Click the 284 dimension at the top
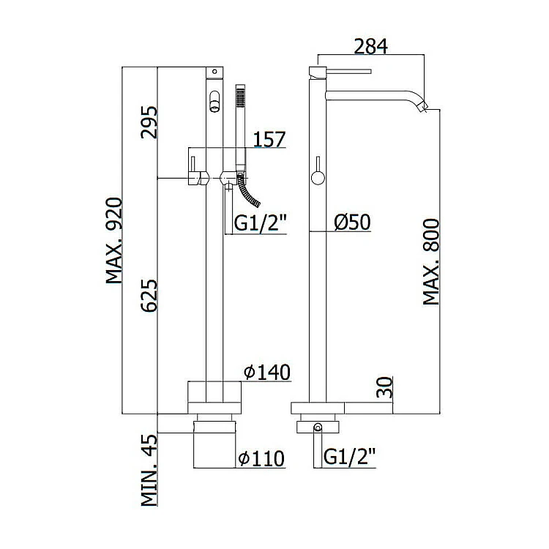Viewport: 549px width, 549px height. pyautogui.click(x=371, y=47)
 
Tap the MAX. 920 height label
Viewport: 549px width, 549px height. pyautogui.click(x=114, y=241)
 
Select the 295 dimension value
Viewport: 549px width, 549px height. pyautogui.click(x=149, y=122)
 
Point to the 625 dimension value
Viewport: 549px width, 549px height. pyautogui.click(x=149, y=295)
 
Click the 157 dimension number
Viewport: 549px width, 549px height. pyautogui.click(x=269, y=139)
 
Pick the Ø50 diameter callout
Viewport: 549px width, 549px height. pyautogui.click(x=352, y=222)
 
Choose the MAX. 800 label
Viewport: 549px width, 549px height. pyautogui.click(x=431, y=262)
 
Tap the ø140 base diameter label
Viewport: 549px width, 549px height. pyautogui.click(x=267, y=372)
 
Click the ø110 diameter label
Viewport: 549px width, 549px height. pyautogui.click(x=261, y=458)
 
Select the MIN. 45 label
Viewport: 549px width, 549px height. pyautogui.click(x=149, y=470)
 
